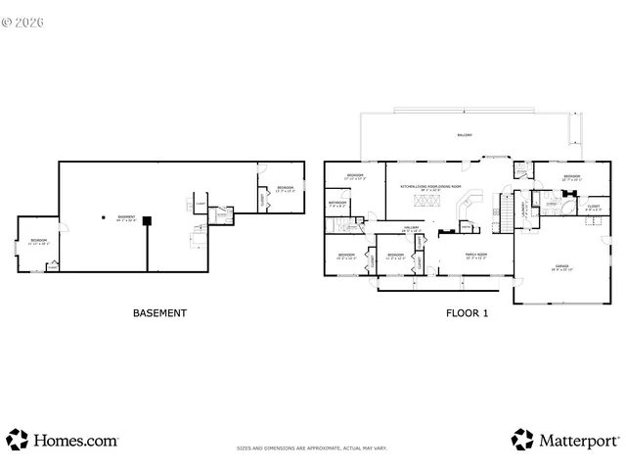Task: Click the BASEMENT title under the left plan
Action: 159,313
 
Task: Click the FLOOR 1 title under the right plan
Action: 469,313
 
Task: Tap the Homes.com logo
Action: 63,440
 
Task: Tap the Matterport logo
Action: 564,440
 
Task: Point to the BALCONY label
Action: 464,135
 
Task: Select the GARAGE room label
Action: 561,266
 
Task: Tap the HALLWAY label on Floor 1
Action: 412,228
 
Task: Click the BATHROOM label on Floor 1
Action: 337,205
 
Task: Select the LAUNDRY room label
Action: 525,209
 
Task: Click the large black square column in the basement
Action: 147,220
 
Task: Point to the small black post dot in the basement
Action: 104,217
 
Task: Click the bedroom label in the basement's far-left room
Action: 37,241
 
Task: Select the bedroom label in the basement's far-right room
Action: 285,188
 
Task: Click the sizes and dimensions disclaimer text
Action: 312,448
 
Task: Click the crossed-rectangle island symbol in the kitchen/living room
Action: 425,202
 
